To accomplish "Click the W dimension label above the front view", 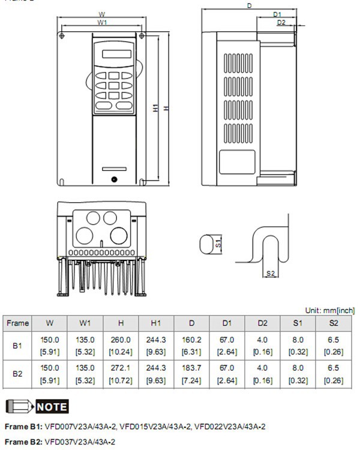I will tap(102, 13).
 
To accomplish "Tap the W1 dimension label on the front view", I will tap(102, 22).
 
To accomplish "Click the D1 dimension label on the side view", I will tap(277, 14).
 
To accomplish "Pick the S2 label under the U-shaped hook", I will tap(270, 274).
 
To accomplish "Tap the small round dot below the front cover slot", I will tap(113, 178).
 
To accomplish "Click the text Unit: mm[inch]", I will tap(329, 310).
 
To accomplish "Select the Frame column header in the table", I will tap(17, 323).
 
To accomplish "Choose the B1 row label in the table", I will tap(17, 346).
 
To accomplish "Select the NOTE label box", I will tap(52, 406).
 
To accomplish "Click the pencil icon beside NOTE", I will tap(18, 406).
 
